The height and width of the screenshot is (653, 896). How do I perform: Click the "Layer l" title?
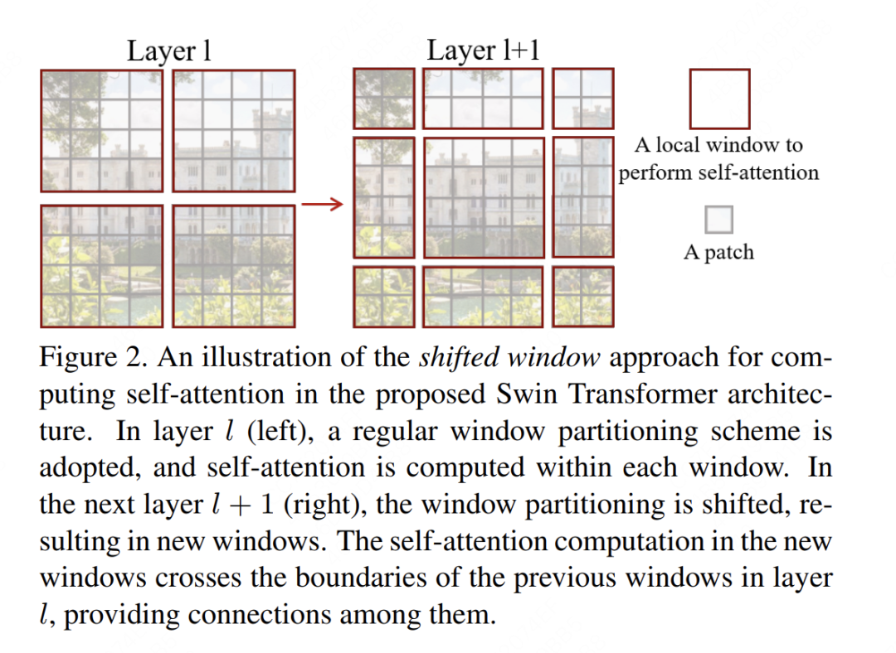coord(168,51)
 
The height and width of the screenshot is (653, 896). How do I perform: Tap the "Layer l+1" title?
coord(483,51)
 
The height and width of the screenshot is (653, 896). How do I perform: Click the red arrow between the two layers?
coord(322,204)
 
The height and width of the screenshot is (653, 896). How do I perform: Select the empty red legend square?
coord(719,99)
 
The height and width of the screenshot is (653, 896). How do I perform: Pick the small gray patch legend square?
coord(719,220)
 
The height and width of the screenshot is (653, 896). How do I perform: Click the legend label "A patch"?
coord(718,253)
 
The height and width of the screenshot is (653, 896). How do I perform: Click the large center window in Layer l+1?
coord(483,197)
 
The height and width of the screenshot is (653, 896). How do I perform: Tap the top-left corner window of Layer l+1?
coord(383,99)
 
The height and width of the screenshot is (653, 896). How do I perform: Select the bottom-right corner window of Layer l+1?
coord(582,296)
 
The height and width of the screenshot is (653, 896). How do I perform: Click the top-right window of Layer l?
coord(234,131)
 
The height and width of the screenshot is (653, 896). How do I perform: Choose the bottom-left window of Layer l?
coord(101,265)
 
